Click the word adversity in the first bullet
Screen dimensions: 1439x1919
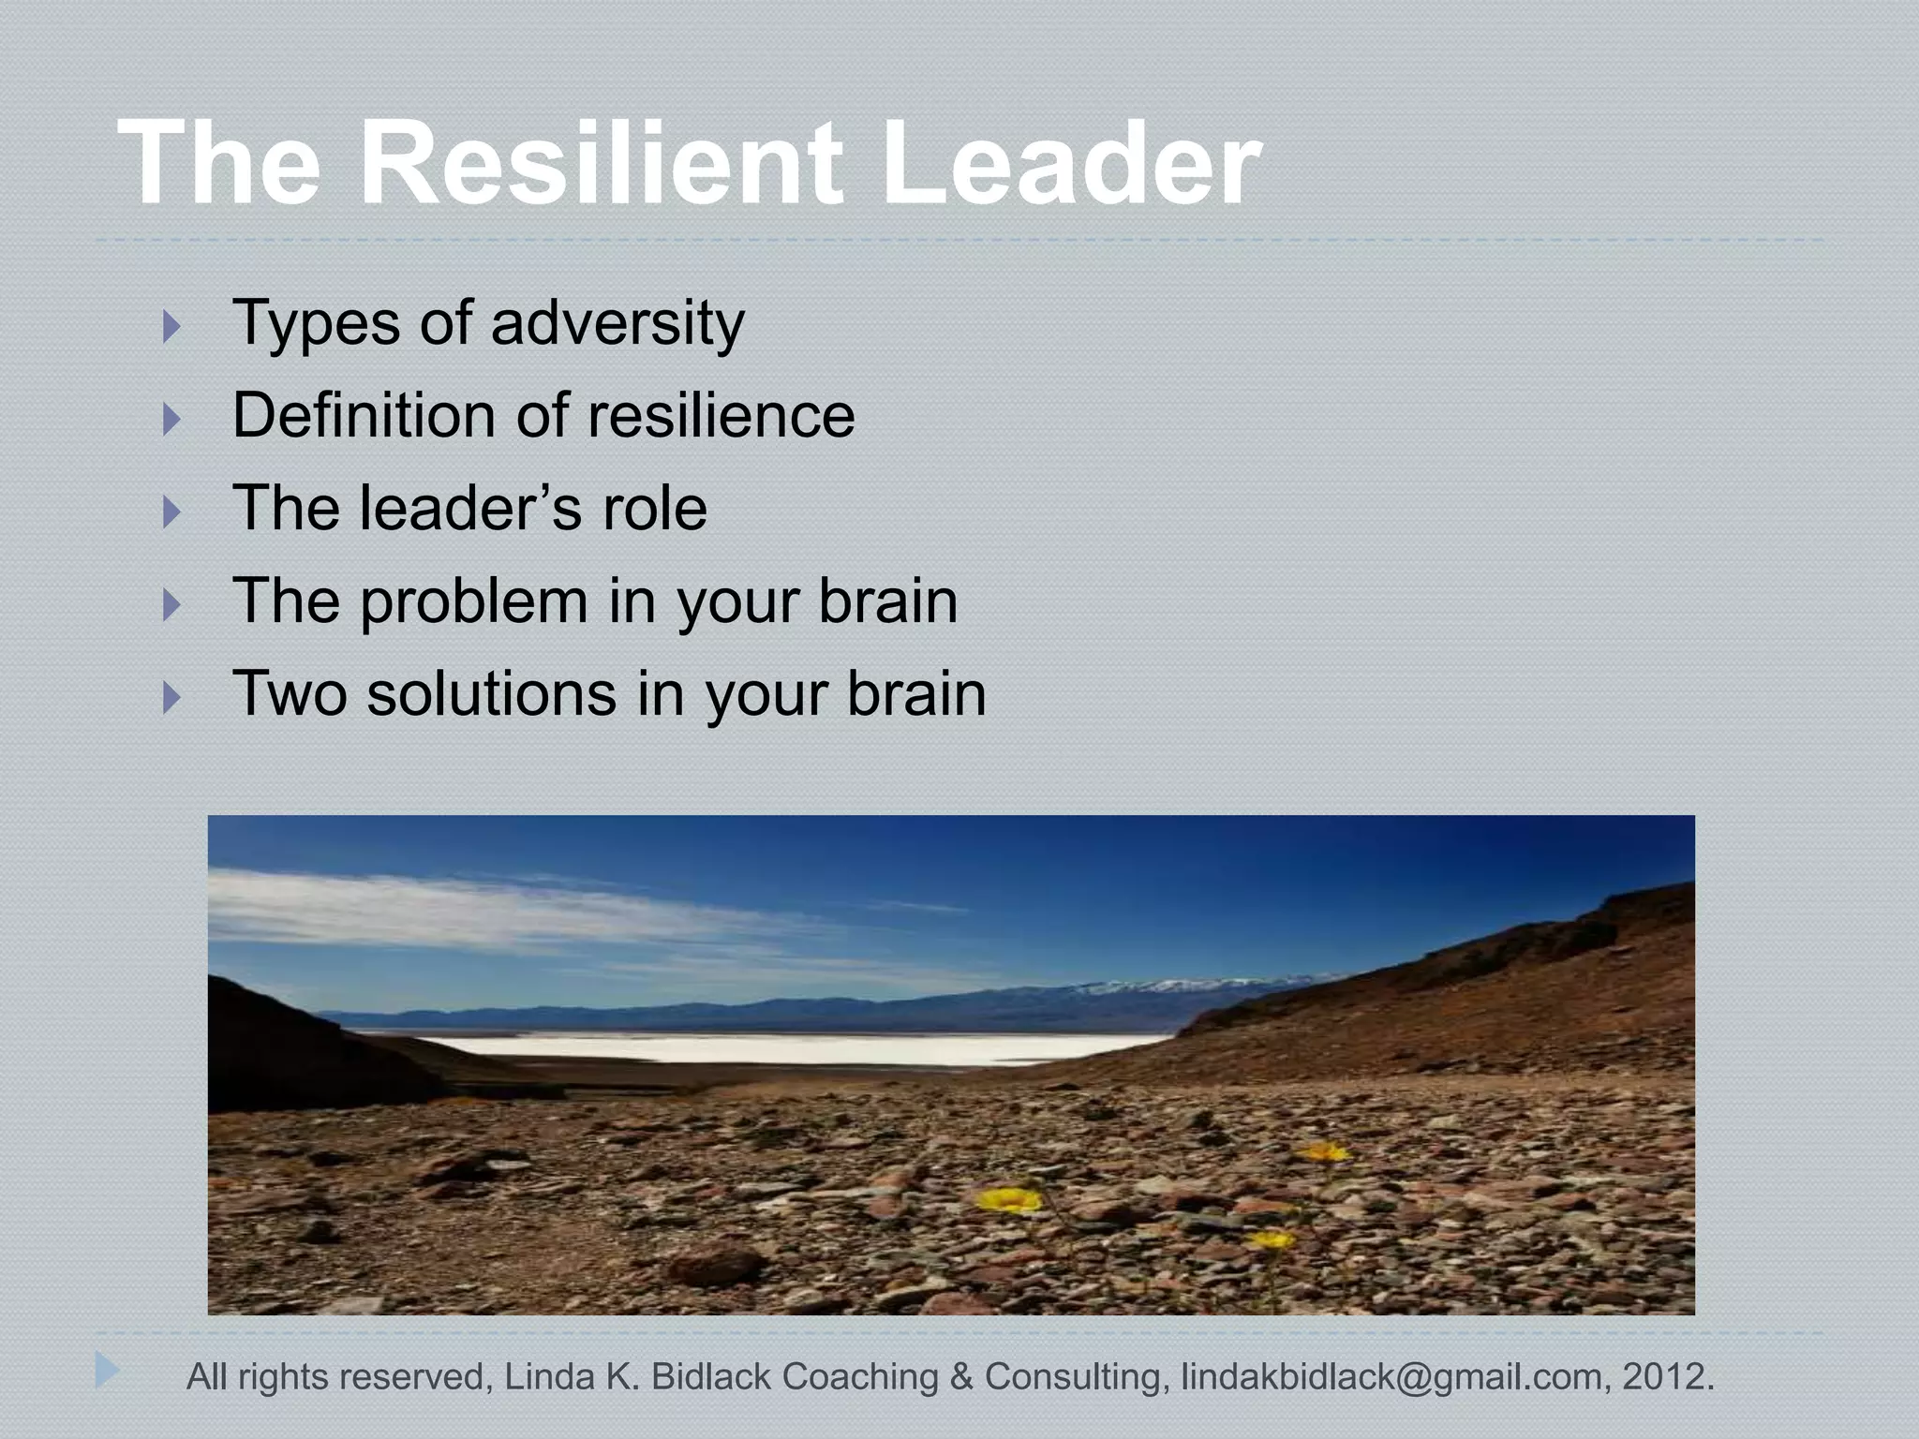click(x=617, y=323)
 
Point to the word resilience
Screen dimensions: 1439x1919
click(x=721, y=415)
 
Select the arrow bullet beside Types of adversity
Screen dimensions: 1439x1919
click(x=171, y=327)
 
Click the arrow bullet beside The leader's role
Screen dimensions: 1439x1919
click(x=171, y=512)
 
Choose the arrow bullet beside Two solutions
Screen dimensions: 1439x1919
click(x=171, y=697)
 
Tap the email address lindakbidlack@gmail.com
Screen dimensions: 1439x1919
click(x=1391, y=1377)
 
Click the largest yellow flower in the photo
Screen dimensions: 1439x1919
click(x=1008, y=1199)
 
